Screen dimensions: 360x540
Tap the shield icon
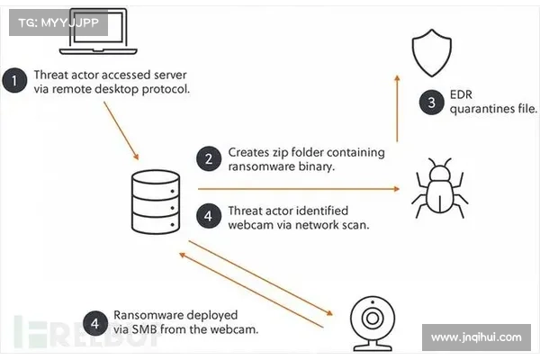[x=433, y=47]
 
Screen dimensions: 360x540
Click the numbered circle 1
[x=14, y=82]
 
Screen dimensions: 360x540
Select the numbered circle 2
[x=210, y=160]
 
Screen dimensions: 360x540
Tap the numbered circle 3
[x=431, y=102]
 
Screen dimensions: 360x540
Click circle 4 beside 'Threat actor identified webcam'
[x=210, y=217]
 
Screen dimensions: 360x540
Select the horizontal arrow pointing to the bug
[x=297, y=189]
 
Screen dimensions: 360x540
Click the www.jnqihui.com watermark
[x=476, y=338]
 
